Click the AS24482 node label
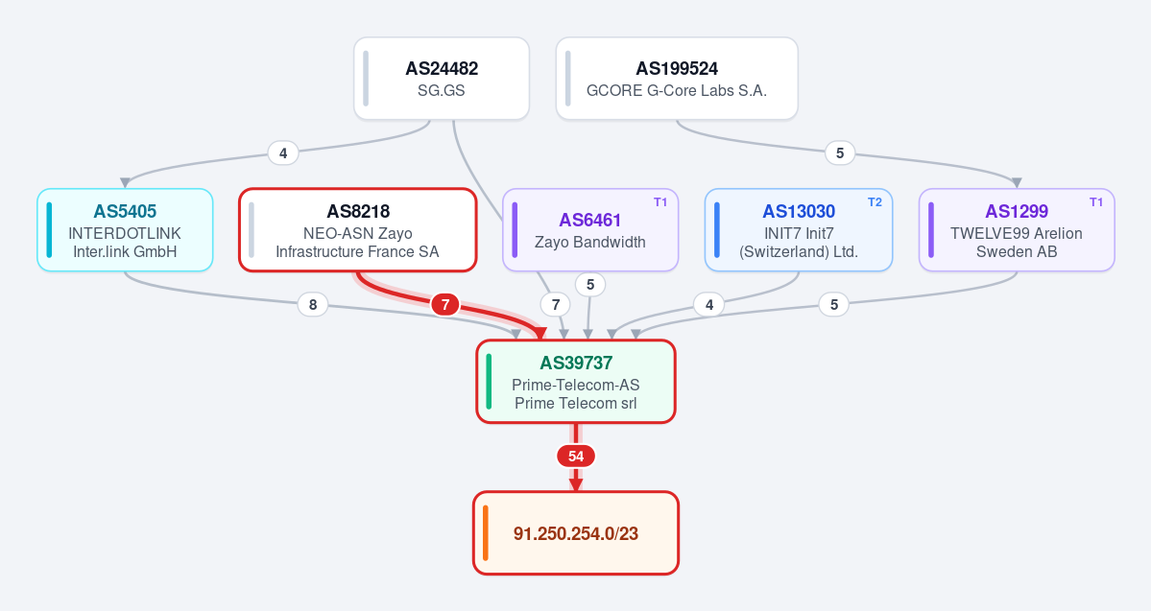pos(442,69)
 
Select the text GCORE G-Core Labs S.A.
pos(677,91)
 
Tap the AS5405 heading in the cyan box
pos(125,211)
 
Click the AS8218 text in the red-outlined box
pos(358,211)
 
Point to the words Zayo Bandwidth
pos(590,242)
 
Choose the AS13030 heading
pos(799,211)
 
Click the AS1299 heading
pos(1017,211)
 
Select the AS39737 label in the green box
pos(576,364)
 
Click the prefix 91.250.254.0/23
pos(576,533)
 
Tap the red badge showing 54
pos(576,457)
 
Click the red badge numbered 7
pos(444,304)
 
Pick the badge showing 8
pos(313,304)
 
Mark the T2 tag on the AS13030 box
pos(875,202)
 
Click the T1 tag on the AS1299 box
pos(1096,202)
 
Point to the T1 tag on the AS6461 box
pos(660,202)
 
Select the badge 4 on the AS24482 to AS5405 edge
pos(283,153)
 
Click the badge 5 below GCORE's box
pos(840,153)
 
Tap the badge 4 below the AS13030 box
pos(709,304)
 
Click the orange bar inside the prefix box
pos(486,533)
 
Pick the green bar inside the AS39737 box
pos(489,382)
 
